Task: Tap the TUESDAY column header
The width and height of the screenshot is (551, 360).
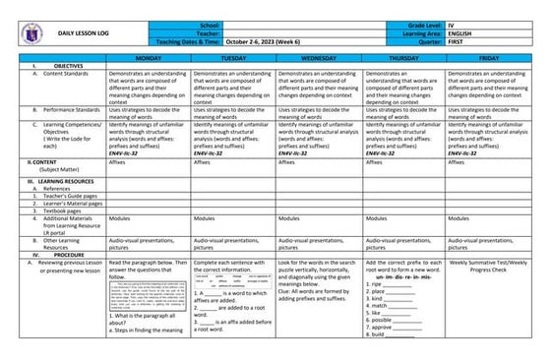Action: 232,59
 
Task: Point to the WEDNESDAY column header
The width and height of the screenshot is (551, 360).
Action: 317,59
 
